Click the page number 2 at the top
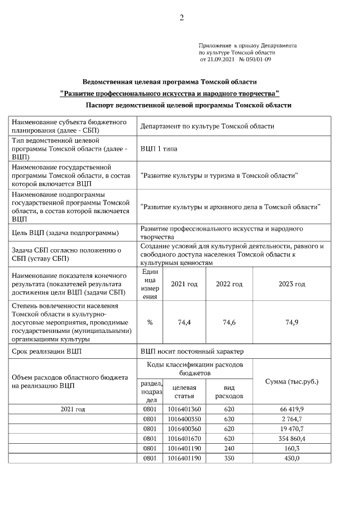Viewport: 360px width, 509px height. (182, 17)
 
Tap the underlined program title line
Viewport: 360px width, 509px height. (169, 93)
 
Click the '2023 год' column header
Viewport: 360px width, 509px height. (291, 285)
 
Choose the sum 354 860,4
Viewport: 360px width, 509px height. (291, 438)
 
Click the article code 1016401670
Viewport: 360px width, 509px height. (184, 438)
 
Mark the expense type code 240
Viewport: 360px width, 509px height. (229, 448)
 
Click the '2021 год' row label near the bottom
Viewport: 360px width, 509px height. (73, 409)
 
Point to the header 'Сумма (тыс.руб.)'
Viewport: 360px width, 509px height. (291, 382)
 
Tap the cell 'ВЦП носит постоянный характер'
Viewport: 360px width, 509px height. (192, 352)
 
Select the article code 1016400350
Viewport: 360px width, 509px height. (184, 419)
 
